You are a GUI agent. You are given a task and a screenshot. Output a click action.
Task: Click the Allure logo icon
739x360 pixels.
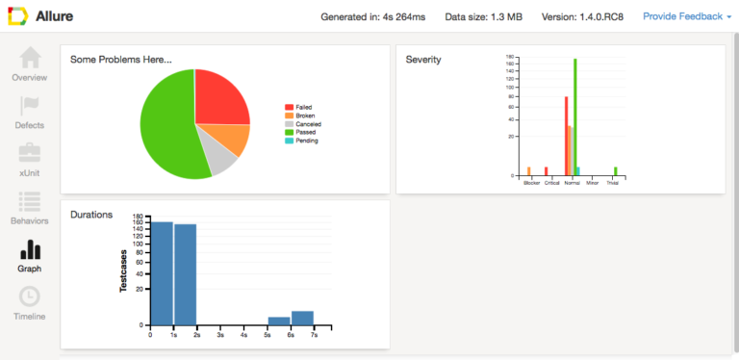[x=18, y=16]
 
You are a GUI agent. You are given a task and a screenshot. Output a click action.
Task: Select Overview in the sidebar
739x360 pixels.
[x=29, y=64]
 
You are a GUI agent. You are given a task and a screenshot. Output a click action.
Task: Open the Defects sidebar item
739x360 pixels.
[x=29, y=111]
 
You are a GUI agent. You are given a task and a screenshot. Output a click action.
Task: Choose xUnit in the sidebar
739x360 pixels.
[x=29, y=159]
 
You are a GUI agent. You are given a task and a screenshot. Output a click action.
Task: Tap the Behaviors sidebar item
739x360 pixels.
[x=29, y=207]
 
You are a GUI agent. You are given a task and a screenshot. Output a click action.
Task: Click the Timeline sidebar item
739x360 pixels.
[x=29, y=302]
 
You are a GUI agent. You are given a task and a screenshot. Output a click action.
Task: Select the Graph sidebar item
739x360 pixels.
[x=29, y=255]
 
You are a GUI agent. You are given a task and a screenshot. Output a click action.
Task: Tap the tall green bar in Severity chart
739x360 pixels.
[x=574, y=116]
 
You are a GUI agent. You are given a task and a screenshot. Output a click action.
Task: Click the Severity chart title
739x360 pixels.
[x=423, y=60]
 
